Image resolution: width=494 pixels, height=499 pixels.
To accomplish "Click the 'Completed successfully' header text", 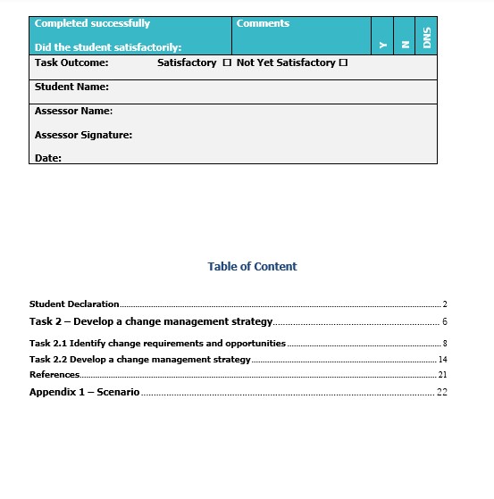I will tap(92, 24).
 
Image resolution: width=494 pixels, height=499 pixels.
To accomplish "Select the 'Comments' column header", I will tap(263, 24).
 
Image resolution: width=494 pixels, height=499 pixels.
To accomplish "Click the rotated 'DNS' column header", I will tap(427, 38).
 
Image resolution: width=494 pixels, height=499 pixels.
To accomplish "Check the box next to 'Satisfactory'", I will tap(227, 63).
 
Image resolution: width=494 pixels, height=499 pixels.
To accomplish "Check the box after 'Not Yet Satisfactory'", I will tap(343, 63).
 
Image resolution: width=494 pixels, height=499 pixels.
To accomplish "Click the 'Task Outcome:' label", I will tap(71, 63).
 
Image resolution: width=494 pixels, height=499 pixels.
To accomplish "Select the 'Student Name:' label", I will tap(71, 87).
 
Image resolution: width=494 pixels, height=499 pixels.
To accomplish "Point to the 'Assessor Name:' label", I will tap(73, 112).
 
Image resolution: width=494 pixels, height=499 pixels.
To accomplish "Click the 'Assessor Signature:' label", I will tap(83, 136).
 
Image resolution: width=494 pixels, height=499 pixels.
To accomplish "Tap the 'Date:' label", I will tap(48, 158).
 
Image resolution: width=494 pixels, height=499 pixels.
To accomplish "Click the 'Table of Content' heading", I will tap(252, 267).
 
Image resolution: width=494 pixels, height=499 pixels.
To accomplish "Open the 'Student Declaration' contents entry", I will tap(74, 304).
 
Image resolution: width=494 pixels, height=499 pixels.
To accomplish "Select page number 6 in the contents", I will tap(444, 322).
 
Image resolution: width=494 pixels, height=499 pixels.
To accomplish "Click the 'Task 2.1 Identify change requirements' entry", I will tap(157, 344).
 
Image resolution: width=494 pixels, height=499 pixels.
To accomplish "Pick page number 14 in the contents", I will tap(442, 360).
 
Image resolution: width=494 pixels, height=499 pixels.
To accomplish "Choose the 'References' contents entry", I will tap(54, 375).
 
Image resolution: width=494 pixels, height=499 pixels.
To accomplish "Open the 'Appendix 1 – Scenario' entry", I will tap(84, 393).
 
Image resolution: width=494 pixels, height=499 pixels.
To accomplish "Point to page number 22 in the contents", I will tap(441, 393).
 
